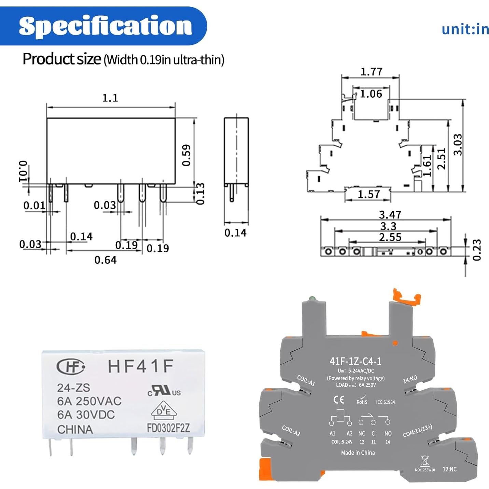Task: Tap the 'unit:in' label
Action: [465, 29]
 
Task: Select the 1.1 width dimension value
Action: [110, 98]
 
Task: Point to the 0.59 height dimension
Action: [186, 155]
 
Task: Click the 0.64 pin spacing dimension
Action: [106, 260]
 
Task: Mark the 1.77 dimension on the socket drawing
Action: [371, 72]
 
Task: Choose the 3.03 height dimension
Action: [458, 144]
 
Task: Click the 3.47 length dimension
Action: [390, 214]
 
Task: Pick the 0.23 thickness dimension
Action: [477, 250]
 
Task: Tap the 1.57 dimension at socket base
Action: [368, 194]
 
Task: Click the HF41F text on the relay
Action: [141, 366]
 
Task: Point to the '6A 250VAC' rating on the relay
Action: [89, 401]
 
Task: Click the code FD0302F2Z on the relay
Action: [168, 428]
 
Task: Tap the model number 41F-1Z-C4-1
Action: [355, 361]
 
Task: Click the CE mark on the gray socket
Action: [339, 400]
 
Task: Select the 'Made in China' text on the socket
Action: [358, 453]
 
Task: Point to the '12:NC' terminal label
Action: [449, 469]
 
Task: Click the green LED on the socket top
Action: [311, 299]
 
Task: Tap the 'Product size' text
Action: [62, 59]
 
